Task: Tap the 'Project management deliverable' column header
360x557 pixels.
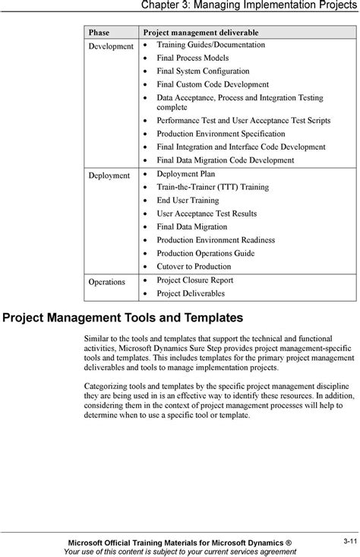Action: click(x=201, y=33)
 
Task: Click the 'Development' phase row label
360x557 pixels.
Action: click(x=111, y=46)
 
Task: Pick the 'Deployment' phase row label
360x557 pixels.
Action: click(x=109, y=174)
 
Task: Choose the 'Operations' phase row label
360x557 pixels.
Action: click(x=107, y=281)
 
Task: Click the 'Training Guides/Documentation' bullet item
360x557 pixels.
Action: click(x=210, y=46)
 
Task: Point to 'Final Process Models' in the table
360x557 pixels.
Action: click(x=192, y=58)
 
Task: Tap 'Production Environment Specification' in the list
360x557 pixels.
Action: click(x=220, y=133)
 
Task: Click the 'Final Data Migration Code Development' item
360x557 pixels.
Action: click(x=225, y=160)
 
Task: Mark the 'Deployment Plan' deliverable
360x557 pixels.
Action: click(x=187, y=174)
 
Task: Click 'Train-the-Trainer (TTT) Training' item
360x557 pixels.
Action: click(x=212, y=187)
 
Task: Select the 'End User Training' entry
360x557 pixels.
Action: click(x=188, y=201)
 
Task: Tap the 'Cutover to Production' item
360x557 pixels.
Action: click(x=194, y=267)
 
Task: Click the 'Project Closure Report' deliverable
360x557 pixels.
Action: click(x=194, y=280)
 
